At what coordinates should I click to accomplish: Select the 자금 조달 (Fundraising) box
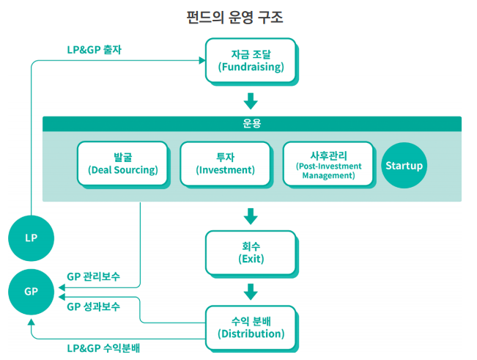(x=251, y=60)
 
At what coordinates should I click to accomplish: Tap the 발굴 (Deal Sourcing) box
(x=122, y=164)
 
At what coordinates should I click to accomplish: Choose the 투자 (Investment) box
(x=225, y=164)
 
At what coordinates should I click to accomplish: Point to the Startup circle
(x=404, y=165)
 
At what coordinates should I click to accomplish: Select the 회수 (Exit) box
(x=251, y=252)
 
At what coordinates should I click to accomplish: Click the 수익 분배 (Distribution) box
(x=251, y=327)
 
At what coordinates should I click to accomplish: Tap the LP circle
(x=31, y=238)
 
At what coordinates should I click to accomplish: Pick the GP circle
(x=31, y=291)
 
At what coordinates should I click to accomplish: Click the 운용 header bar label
(x=251, y=124)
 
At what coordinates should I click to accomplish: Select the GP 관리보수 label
(x=93, y=277)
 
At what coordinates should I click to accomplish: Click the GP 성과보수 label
(x=93, y=306)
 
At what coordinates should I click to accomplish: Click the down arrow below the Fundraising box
(x=251, y=100)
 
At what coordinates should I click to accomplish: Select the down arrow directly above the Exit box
(x=251, y=216)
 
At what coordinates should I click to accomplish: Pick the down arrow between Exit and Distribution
(x=251, y=291)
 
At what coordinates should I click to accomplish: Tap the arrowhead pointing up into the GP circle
(x=31, y=323)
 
